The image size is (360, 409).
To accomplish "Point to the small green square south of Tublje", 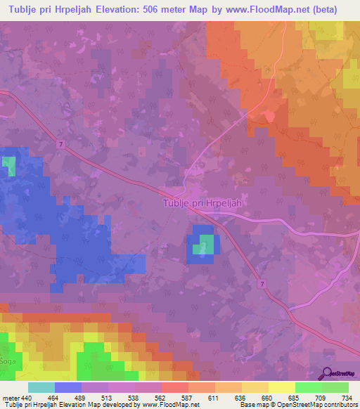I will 206,245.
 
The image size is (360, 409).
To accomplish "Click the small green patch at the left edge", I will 8,167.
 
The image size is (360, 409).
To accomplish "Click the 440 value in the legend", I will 27,398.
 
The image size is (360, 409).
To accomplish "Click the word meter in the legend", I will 10,398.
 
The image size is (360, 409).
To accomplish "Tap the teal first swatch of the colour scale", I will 41,387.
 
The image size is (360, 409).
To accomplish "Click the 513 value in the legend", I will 106,398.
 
